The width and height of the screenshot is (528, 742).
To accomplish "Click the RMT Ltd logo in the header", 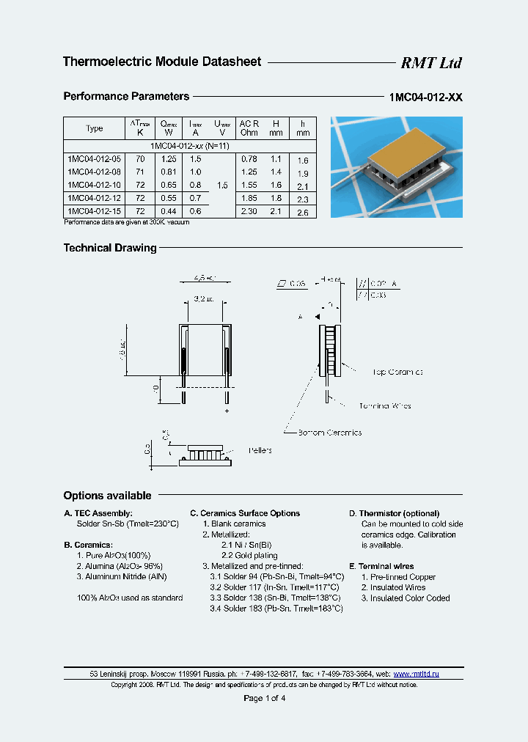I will point(430,63).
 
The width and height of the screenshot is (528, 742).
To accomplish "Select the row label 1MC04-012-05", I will point(95,158).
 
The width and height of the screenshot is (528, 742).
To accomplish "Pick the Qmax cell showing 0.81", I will point(169,172).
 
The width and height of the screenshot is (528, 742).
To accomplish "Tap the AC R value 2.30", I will point(249,211).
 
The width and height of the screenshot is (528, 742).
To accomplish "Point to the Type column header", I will point(95,128).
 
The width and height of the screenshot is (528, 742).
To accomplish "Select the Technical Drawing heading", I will point(110,248).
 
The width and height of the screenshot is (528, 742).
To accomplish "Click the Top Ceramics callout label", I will point(397,372).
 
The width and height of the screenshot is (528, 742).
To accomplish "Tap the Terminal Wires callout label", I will point(385,405).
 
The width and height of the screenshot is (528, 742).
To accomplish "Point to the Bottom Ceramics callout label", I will point(329,433).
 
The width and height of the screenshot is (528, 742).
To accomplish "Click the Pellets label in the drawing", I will point(260,450).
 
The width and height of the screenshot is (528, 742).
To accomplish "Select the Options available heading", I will point(107,496).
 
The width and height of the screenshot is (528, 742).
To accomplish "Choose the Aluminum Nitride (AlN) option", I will point(122,577).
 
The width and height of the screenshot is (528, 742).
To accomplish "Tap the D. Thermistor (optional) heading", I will point(394,513).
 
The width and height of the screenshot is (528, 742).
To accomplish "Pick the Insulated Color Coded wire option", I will point(406,598).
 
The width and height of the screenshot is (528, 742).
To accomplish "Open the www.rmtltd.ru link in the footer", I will point(416,673).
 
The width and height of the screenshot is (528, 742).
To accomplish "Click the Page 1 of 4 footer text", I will point(264,698).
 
